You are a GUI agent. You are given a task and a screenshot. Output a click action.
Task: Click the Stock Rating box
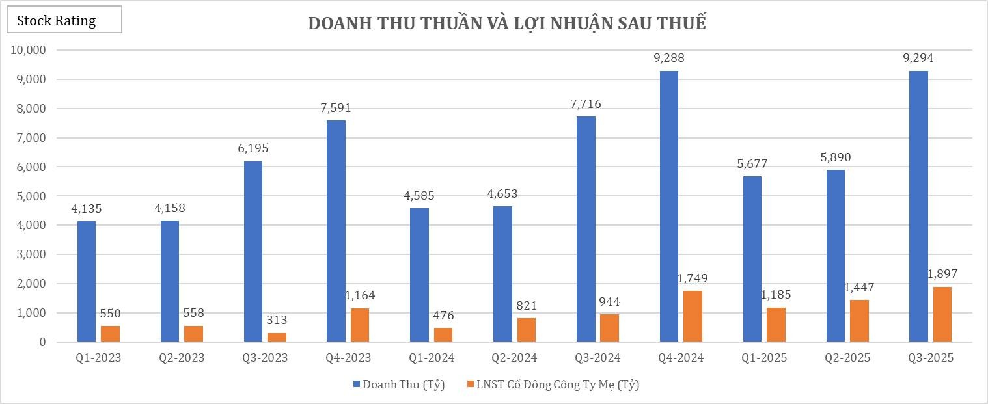[x=64, y=20]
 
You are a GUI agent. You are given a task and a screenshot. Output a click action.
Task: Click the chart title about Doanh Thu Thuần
[x=506, y=23]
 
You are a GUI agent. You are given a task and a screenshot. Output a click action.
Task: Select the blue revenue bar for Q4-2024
[x=668, y=206]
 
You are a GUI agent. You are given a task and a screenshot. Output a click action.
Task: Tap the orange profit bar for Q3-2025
[x=942, y=314]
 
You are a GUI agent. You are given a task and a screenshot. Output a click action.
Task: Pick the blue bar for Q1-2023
[x=86, y=281]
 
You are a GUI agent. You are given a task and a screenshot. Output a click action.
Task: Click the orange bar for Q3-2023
[x=277, y=337]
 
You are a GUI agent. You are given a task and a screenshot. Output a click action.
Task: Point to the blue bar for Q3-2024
[x=586, y=229]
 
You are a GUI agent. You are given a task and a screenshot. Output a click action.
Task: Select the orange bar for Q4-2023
[x=359, y=325]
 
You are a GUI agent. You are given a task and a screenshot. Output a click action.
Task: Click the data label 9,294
[x=918, y=58]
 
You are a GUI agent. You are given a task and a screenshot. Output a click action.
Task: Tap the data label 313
[x=277, y=320]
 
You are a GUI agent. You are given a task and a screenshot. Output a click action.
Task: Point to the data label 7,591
[x=335, y=108]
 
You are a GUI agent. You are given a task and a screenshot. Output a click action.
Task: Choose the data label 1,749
[x=693, y=278]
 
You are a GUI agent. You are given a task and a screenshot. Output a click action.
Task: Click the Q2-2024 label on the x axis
[x=515, y=358]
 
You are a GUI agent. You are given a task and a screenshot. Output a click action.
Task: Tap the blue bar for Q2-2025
[x=835, y=256]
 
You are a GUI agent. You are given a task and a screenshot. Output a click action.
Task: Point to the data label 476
[x=443, y=316]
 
